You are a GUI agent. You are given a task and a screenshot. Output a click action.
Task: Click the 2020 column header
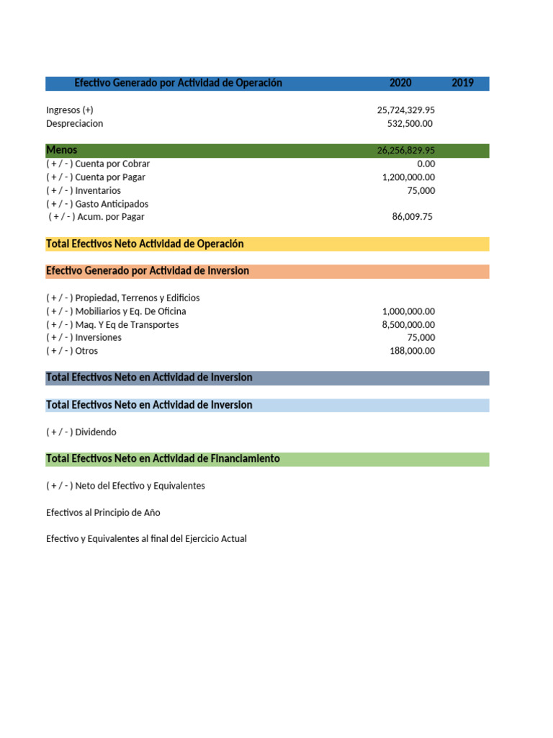coord(400,84)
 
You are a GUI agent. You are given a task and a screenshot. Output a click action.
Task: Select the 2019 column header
coord(462,84)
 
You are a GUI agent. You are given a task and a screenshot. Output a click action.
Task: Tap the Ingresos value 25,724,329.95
coord(405,110)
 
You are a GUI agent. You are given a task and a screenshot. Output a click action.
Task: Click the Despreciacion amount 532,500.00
coord(410,124)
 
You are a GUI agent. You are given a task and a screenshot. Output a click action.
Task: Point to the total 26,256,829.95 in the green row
coord(405,151)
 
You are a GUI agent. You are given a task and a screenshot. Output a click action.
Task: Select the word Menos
coord(61,150)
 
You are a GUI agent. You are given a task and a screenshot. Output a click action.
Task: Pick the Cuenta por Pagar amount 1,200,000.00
coord(408,177)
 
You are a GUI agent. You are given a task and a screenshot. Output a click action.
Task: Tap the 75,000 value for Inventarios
coord(421,191)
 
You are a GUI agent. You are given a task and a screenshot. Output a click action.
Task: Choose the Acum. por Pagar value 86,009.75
coord(412,217)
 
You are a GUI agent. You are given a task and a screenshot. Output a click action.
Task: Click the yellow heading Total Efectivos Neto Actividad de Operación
coord(145,244)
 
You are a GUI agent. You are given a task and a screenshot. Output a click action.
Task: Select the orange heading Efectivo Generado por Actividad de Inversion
coord(148,271)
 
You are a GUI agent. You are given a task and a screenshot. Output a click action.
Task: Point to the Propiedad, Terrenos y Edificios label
coord(122,298)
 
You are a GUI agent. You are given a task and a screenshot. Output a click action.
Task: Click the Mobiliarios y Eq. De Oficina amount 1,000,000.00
coord(408,311)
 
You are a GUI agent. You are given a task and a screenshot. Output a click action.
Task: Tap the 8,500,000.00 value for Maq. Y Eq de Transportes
coord(408,325)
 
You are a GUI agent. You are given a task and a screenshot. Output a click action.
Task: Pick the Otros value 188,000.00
coord(412,351)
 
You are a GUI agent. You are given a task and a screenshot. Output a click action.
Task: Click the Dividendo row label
coord(81,432)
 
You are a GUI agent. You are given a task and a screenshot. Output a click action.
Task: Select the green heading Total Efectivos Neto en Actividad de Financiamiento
coord(163,459)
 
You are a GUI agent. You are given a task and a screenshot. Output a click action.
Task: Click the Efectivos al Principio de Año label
coord(103,512)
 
